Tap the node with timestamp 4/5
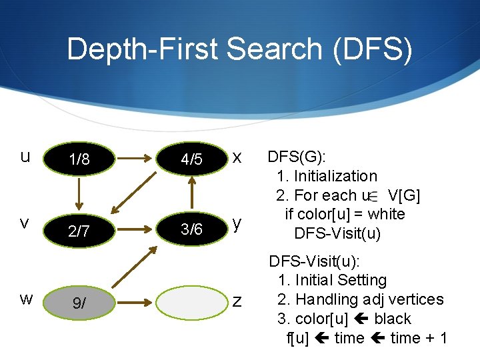191,160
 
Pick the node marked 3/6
191,229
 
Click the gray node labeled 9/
79,303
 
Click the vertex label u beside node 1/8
25,157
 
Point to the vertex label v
24,223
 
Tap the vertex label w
25,298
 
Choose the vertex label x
237,157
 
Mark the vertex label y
236,223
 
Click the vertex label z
237,301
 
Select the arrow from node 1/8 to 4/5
136,159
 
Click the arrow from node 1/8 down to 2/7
79,195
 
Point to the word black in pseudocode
393,319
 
